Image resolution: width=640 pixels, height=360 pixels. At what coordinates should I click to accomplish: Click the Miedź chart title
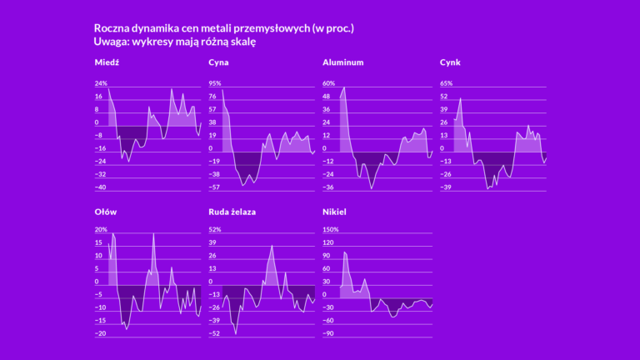point(107,62)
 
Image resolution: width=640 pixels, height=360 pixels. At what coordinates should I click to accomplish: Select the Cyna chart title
point(219,62)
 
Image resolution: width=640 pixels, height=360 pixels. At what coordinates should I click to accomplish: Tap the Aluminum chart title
point(342,62)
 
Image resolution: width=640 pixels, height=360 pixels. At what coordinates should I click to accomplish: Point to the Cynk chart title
point(450,62)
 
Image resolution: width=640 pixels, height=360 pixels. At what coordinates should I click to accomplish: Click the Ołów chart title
point(106,212)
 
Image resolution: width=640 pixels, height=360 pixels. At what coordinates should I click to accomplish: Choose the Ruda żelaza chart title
point(232,212)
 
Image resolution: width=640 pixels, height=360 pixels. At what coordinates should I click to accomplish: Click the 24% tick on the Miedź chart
point(102,83)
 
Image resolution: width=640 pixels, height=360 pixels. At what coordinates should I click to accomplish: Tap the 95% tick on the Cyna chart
point(215,83)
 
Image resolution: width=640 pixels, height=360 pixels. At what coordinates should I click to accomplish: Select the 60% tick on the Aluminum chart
point(328,83)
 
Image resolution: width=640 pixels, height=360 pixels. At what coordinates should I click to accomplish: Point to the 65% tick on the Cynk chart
point(446,83)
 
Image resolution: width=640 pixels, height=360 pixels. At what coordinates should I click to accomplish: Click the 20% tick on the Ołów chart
point(102,230)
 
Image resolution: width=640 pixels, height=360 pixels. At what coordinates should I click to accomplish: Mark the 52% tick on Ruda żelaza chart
point(215,230)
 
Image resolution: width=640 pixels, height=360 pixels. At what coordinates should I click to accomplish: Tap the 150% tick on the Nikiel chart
point(331,230)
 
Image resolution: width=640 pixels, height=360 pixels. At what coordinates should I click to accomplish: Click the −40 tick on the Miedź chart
point(102,187)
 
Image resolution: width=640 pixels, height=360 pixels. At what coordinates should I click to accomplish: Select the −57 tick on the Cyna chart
point(215,187)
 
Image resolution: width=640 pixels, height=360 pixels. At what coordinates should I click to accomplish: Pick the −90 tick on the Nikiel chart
point(328,333)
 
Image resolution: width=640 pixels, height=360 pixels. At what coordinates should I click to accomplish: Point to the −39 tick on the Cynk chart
point(446,187)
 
